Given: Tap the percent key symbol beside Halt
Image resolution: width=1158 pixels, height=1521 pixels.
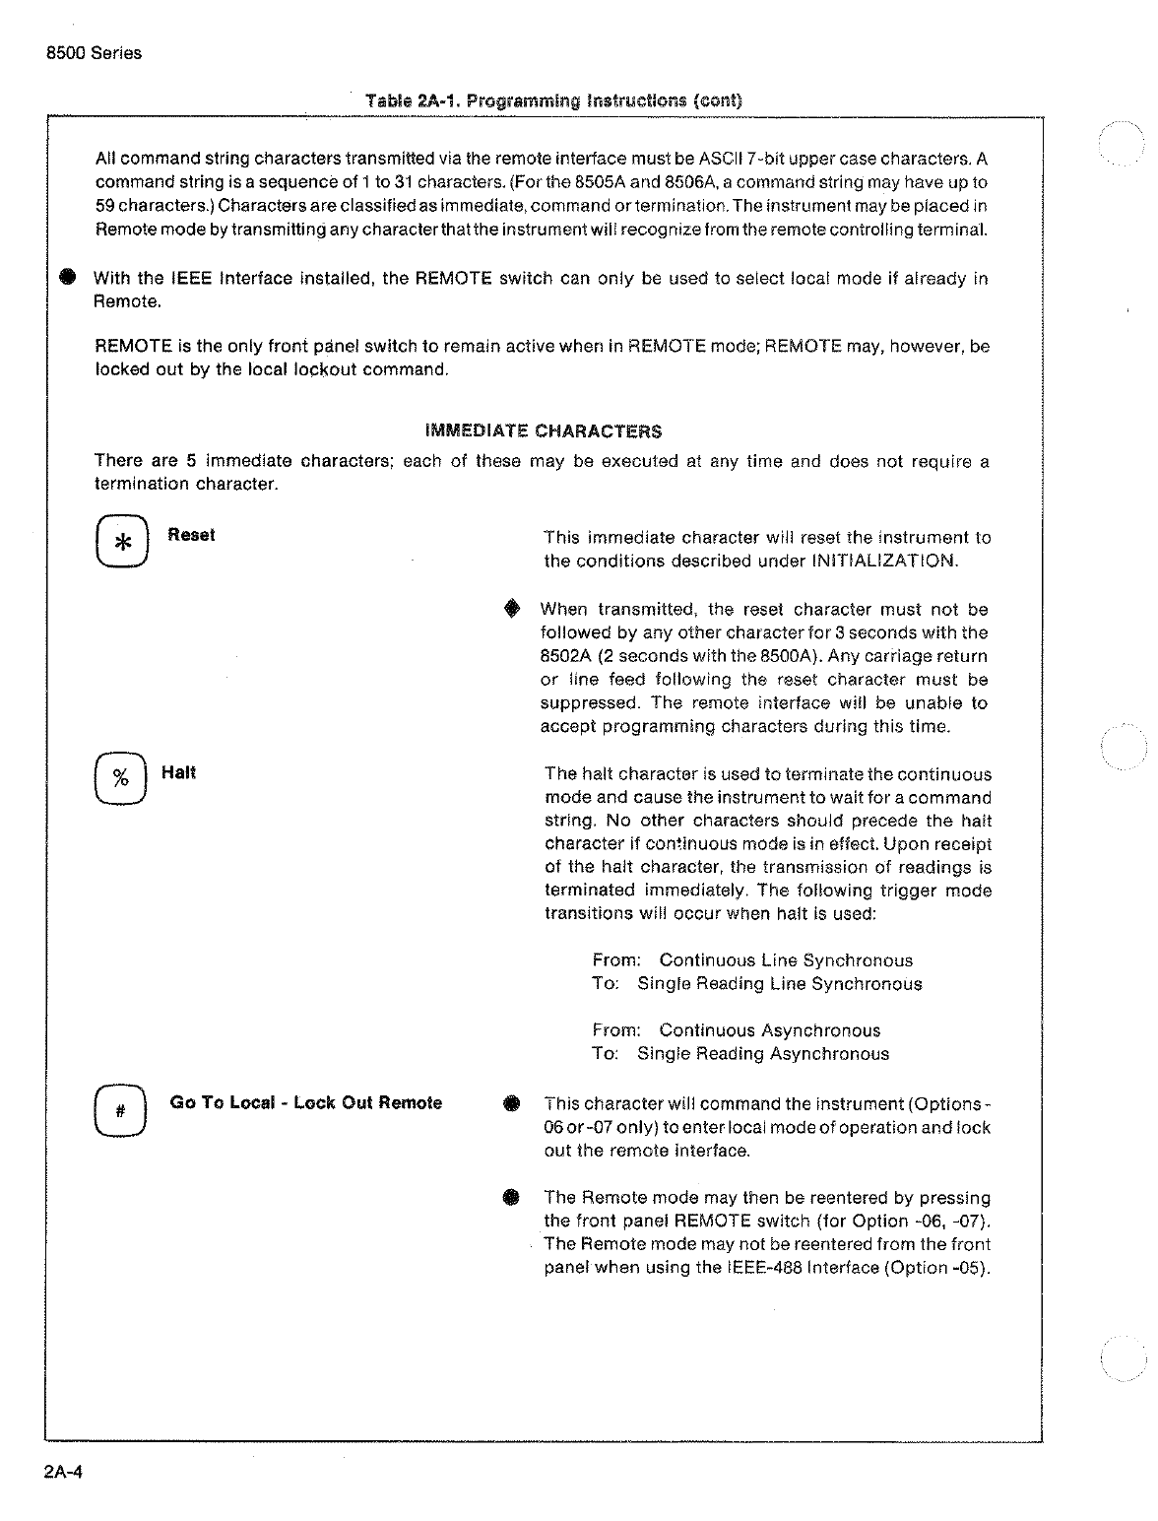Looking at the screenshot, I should (x=121, y=778).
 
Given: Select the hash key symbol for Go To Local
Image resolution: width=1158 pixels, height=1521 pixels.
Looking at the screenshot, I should (x=120, y=1110).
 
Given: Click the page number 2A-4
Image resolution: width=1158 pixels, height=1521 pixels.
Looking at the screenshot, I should (x=63, y=1474).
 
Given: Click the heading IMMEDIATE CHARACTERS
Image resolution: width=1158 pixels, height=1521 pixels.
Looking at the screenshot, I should (x=543, y=431).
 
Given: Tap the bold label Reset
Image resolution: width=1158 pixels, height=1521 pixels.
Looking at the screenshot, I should (x=191, y=535).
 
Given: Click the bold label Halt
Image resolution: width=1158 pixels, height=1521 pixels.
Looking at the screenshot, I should (x=178, y=772).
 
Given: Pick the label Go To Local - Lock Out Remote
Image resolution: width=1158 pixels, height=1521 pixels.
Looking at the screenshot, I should (x=305, y=1102).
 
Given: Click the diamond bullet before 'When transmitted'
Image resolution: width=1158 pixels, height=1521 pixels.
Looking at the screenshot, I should (x=510, y=611).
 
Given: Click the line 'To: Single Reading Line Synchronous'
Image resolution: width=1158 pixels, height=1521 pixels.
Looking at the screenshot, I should (x=756, y=983).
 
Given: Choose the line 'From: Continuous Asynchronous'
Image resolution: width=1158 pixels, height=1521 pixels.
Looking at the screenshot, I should (x=736, y=1030).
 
